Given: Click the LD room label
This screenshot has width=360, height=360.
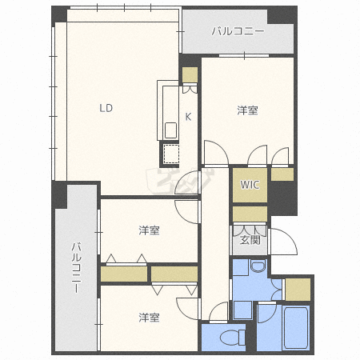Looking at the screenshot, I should click(106, 108).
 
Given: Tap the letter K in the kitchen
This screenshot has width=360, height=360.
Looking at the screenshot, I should click(189, 117).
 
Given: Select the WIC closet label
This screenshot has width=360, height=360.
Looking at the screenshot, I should click(250, 185).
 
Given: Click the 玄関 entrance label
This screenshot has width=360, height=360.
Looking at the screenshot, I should click(249, 238).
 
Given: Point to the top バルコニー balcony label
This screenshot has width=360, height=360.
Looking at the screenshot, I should click(238, 32).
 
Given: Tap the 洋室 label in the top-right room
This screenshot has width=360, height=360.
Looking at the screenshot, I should click(247, 110).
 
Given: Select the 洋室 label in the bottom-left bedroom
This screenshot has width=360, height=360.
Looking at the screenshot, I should click(149, 318).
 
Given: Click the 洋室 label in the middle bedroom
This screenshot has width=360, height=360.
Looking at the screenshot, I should click(149, 231).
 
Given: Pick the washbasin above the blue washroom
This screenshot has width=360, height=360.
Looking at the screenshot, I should click(257, 267).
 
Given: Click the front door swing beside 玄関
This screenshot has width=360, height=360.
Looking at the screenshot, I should click(284, 241).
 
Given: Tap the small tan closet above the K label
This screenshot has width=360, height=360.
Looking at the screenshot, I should click(190, 75).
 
